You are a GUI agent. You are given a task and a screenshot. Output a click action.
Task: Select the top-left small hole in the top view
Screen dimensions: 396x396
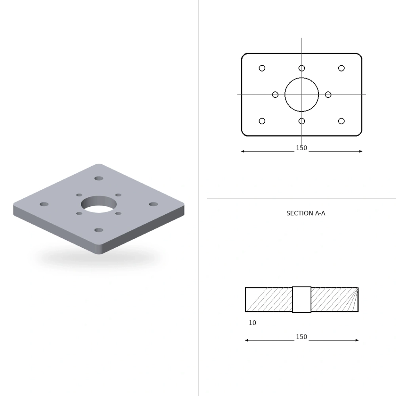(x=262, y=65)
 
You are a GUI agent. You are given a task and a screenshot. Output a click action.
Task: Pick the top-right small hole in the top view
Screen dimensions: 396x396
(x=341, y=65)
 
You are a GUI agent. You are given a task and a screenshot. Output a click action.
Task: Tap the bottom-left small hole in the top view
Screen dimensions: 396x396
(x=262, y=118)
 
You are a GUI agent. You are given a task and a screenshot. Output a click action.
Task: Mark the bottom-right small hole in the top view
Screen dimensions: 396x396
(x=341, y=118)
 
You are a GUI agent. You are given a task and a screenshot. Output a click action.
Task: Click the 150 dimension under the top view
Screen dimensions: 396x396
(x=301, y=148)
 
